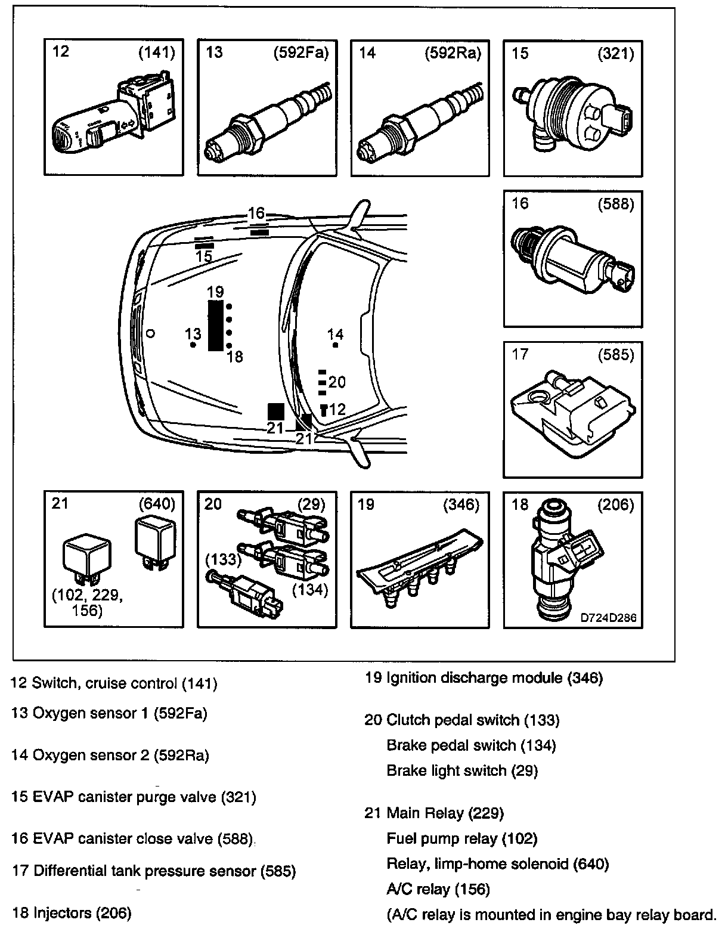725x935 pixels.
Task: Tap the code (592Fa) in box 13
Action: coord(300,53)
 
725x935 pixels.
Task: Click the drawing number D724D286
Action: coord(608,618)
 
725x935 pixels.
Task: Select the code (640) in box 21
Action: coord(156,504)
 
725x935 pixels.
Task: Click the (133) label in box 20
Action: coord(223,559)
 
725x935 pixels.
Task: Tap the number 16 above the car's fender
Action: coord(256,213)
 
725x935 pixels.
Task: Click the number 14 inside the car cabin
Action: coord(336,335)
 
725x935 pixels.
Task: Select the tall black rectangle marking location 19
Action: coord(215,325)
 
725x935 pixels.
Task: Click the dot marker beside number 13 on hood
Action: coord(192,345)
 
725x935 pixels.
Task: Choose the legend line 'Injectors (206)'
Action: coord(72,912)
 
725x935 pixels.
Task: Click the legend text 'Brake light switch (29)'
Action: coord(462,770)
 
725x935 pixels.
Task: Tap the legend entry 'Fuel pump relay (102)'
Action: coord(462,838)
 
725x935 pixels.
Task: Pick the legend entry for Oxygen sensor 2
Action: coord(110,756)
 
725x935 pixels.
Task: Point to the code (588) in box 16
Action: coord(616,204)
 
